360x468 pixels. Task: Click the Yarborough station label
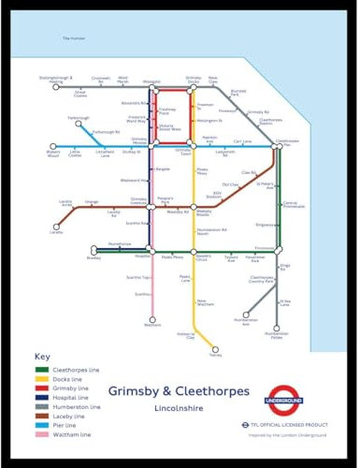tap(53, 119)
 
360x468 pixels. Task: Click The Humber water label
tap(73, 37)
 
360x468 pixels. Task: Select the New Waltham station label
tap(204, 303)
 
